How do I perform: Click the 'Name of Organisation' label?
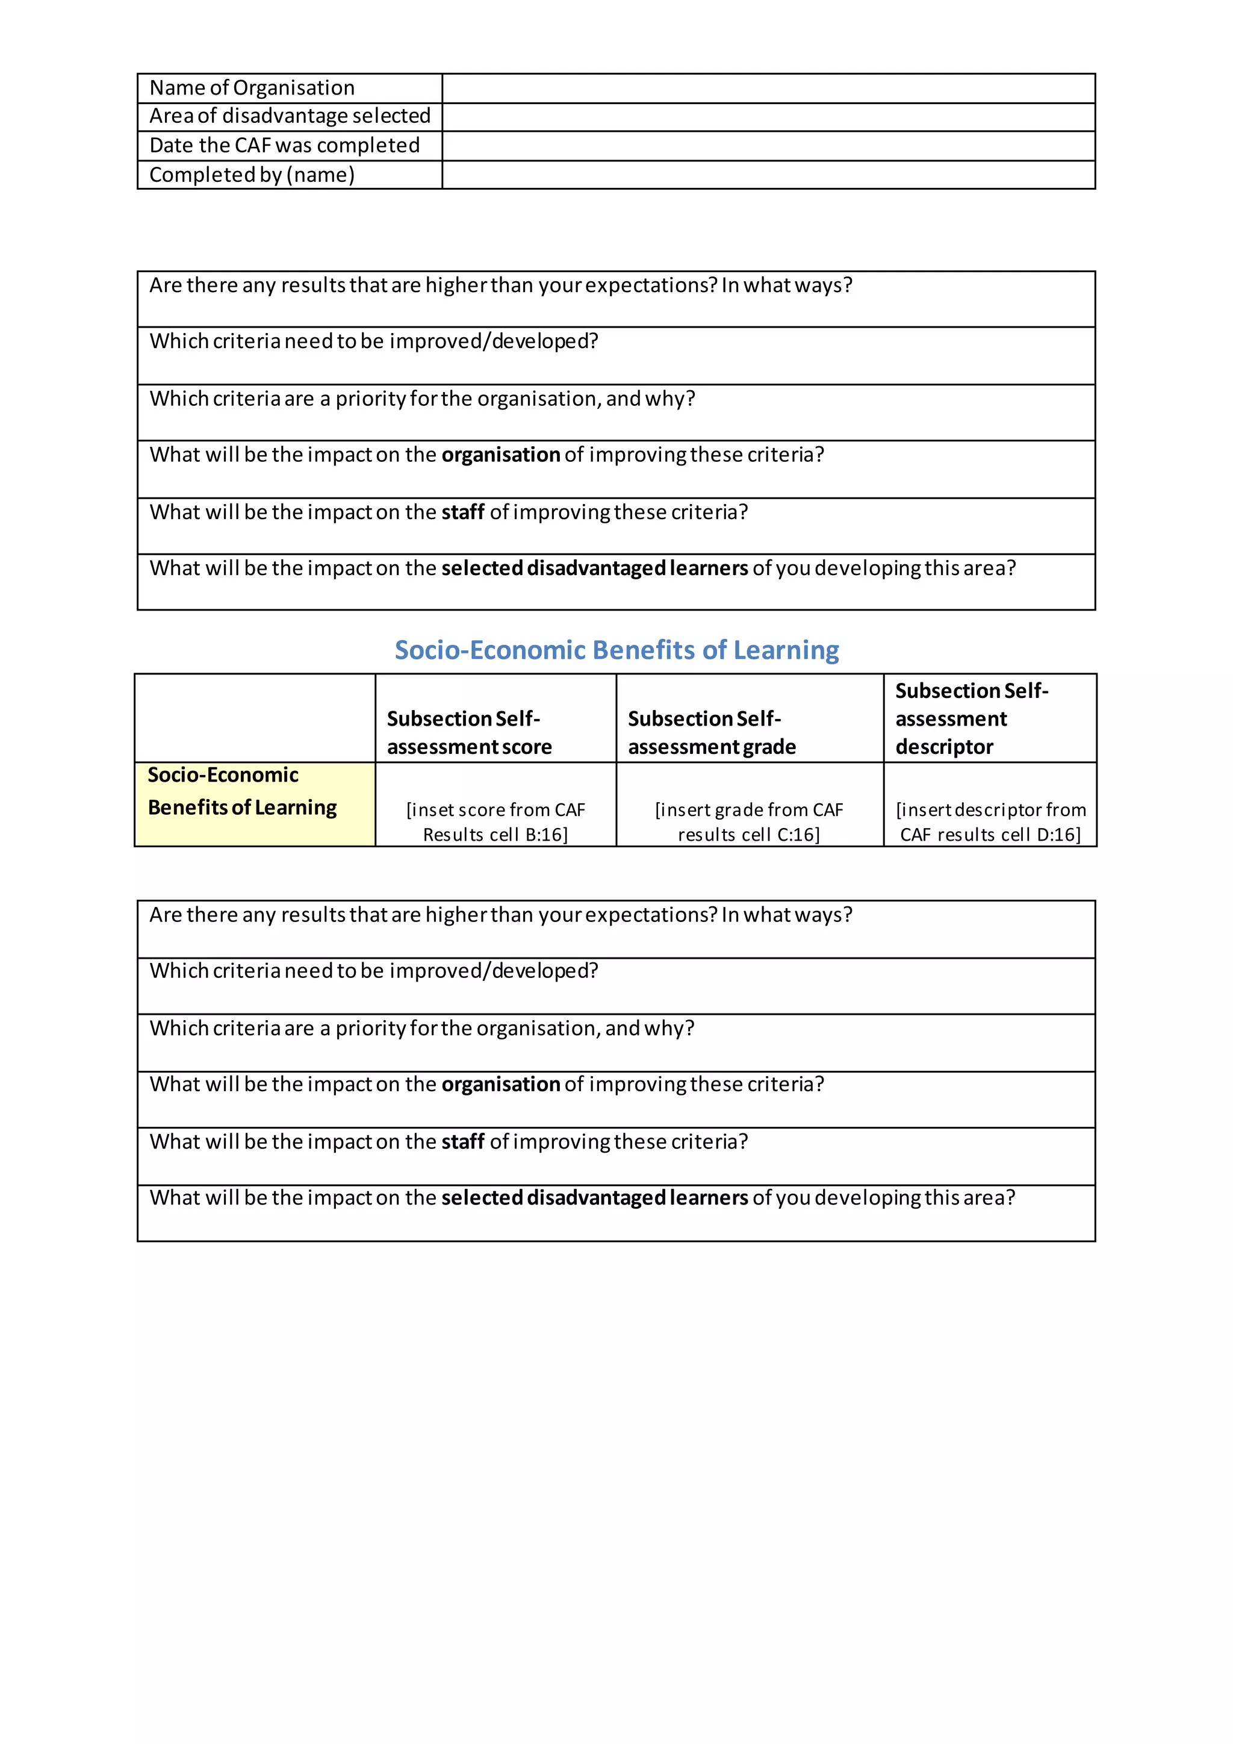click(252, 88)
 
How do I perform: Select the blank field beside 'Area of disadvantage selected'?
click(768, 117)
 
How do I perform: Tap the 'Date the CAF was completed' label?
click(285, 145)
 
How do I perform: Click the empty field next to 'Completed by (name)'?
click(768, 175)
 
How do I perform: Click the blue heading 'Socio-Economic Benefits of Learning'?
click(616, 650)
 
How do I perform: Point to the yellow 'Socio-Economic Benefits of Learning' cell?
click(254, 803)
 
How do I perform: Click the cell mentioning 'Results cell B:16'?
click(495, 822)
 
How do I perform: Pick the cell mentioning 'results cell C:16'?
click(750, 822)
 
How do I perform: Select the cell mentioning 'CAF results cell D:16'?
click(990, 822)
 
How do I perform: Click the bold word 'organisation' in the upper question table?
click(500, 455)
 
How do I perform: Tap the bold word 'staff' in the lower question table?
click(462, 1142)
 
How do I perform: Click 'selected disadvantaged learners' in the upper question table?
click(594, 568)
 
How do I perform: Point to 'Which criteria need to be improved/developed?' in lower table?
click(373, 971)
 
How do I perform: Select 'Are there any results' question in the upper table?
click(500, 285)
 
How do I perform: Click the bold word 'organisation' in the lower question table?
click(500, 1085)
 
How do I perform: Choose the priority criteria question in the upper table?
click(422, 399)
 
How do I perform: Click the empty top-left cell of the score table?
click(254, 718)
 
